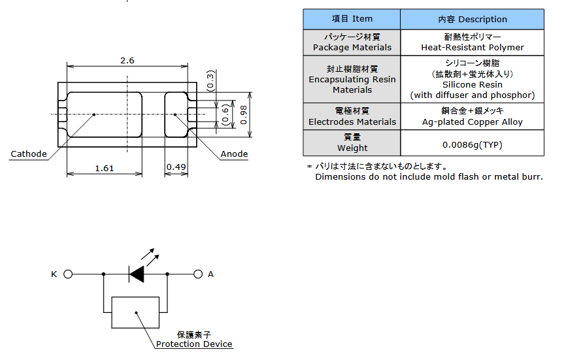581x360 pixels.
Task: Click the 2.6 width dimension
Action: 127,60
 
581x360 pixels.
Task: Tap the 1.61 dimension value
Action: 105,168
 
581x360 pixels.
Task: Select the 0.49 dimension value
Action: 176,167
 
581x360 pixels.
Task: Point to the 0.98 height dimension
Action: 244,114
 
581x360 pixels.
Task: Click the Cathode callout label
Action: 29,154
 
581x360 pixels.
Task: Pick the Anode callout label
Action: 234,154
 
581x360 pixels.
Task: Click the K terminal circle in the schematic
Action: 68,274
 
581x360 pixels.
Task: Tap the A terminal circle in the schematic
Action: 198,274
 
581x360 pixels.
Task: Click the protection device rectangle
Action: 135,312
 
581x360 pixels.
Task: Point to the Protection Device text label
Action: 194,344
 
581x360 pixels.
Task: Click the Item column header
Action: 352,19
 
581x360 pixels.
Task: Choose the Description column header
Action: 472,19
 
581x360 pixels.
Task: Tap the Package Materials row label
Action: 352,47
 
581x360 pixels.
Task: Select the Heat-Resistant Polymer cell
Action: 472,47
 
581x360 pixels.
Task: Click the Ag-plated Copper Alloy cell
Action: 472,122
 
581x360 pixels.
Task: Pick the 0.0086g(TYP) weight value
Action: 472,144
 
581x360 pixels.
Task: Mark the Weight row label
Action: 352,148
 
